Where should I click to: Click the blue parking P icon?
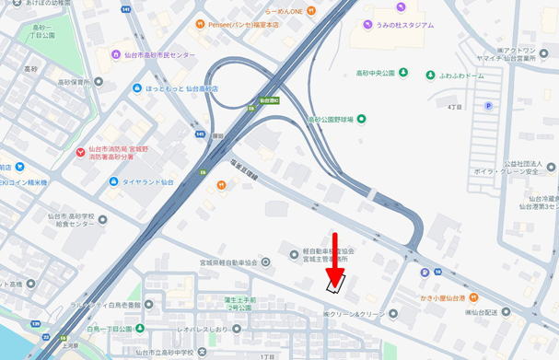[488, 106]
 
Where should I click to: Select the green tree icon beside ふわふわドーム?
[430, 75]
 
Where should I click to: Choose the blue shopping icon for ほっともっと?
[135, 88]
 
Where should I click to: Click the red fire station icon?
[81, 149]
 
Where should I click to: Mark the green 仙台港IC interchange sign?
[268, 99]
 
